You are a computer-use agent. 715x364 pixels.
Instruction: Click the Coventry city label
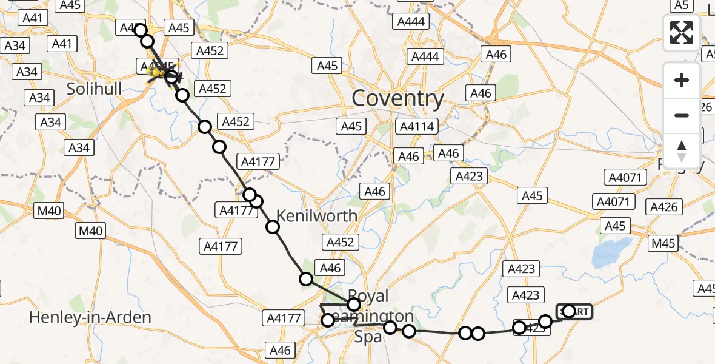pos(397,98)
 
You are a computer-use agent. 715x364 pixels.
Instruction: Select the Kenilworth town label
pos(317,215)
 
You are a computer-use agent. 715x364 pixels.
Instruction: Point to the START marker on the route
pos(574,312)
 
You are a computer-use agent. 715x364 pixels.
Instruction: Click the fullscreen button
pos(682,33)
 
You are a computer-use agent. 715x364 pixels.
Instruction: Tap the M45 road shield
pos(663,244)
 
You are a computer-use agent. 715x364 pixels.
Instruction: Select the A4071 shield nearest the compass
pos(626,177)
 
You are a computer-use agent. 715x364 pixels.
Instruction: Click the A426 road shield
pos(663,207)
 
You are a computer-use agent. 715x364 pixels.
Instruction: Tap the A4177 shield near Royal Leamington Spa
pos(283,318)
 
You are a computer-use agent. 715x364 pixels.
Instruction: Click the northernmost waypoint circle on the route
pos(140,30)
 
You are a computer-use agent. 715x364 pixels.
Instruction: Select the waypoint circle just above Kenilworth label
pos(256,201)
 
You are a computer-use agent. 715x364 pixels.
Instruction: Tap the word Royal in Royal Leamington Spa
pos(369,296)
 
